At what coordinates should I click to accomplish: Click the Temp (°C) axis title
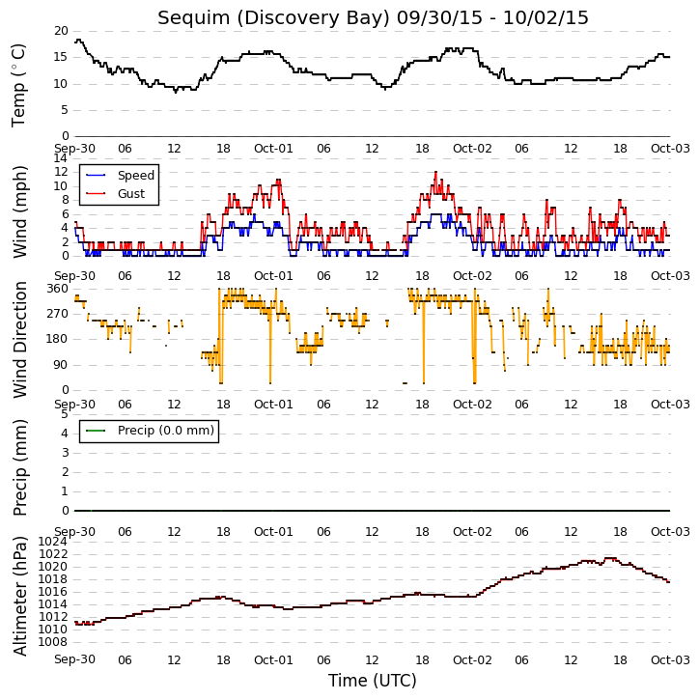pos(18,85)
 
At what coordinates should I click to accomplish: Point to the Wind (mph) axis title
pos(20,212)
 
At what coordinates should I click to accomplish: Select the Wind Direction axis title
pos(20,340)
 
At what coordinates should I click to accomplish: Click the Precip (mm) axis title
pos(20,468)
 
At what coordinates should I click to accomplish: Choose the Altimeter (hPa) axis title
pos(20,596)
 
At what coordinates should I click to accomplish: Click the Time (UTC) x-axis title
pos(373,681)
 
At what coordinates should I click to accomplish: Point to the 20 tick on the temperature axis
pos(61,31)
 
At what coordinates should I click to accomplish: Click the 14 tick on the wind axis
pos(61,158)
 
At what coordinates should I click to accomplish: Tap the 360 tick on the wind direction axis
pos(58,289)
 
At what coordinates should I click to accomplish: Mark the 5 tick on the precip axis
pos(65,414)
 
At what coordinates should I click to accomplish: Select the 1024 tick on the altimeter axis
pos(53,542)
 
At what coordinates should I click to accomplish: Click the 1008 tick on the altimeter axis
pos(53,642)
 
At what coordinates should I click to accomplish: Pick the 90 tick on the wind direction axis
pos(61,365)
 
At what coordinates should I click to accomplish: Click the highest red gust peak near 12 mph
pos(435,172)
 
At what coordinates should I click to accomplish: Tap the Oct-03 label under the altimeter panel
pos(670,659)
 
